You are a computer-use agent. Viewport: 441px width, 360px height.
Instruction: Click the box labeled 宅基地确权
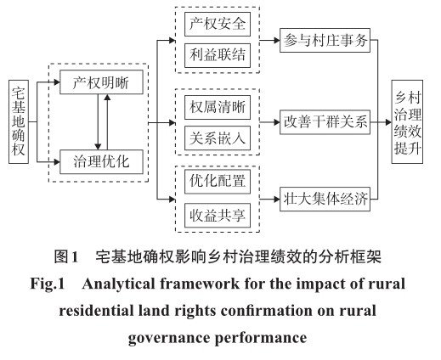point(19,121)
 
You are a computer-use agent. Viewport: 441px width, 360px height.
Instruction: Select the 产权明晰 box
point(101,82)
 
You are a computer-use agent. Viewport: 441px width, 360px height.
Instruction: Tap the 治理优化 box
point(101,161)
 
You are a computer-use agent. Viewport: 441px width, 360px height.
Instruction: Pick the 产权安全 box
point(218,24)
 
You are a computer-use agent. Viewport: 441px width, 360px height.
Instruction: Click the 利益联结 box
point(218,55)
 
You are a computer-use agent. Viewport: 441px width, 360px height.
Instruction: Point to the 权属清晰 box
point(218,107)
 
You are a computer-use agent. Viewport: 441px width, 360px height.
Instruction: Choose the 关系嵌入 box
point(218,138)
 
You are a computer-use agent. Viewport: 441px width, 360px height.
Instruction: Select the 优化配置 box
point(218,182)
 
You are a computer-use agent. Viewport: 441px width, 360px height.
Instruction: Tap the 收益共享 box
point(218,216)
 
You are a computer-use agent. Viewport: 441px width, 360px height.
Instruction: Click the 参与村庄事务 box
point(325,40)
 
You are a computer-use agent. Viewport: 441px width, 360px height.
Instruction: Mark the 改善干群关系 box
point(325,122)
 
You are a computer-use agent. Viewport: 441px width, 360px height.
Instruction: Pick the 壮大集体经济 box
point(325,199)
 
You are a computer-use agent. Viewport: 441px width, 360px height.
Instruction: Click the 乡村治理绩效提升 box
point(407,121)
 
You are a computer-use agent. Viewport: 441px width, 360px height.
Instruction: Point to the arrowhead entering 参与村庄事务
point(277,40)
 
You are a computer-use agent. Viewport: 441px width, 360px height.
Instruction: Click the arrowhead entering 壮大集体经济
point(277,200)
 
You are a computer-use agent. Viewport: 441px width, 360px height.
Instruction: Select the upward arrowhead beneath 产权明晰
point(107,98)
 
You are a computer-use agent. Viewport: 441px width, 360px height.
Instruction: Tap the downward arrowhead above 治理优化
point(98,147)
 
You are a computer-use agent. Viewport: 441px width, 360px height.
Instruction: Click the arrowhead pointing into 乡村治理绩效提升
point(388,122)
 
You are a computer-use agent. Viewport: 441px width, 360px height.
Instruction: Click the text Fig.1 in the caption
point(48,284)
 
